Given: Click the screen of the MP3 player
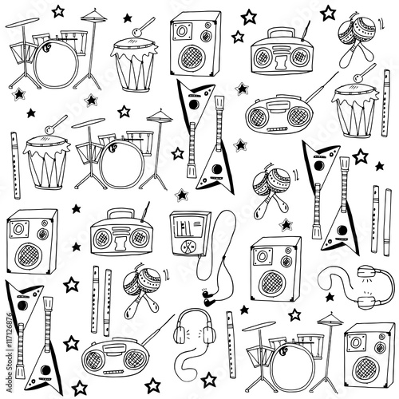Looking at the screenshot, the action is point(188,226).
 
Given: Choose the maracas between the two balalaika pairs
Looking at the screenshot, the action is point(271,191).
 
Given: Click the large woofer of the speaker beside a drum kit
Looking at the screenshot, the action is point(367,369).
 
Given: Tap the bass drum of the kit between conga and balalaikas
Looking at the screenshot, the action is point(122,164).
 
